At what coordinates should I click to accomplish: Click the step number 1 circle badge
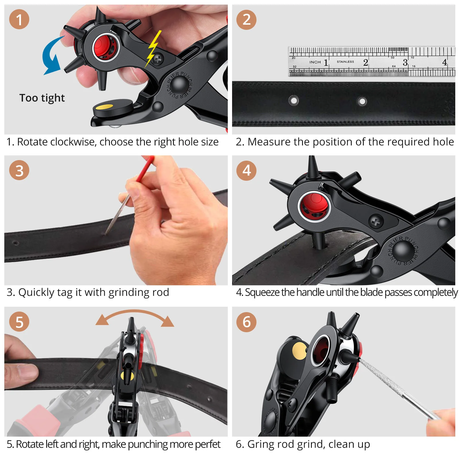click(x=19, y=20)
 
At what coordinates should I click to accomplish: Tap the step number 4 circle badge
click(x=246, y=170)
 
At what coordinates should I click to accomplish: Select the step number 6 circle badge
click(x=246, y=322)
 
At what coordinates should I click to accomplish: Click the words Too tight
click(x=42, y=98)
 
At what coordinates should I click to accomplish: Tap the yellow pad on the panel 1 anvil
click(x=104, y=107)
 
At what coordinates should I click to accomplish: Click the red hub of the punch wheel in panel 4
click(x=315, y=205)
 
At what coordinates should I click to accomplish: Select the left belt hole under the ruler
click(x=294, y=100)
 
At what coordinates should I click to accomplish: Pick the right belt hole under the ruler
click(x=362, y=101)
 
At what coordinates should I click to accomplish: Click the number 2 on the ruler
click(x=365, y=62)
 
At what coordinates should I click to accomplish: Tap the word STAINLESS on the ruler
click(x=345, y=62)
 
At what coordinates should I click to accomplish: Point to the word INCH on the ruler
click(x=315, y=62)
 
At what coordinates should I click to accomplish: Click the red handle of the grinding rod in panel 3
click(x=145, y=169)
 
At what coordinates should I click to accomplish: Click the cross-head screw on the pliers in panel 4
click(x=376, y=221)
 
